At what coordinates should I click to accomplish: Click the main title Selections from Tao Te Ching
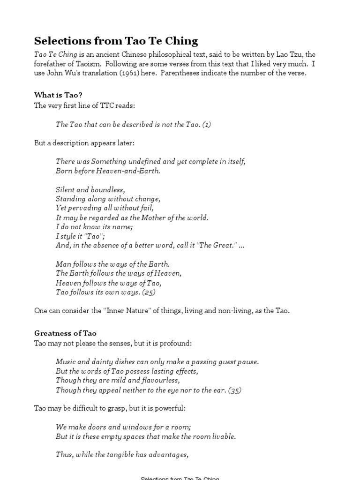coord(116,41)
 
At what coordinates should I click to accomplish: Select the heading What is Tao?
coord(58,95)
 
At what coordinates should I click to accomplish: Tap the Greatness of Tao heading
coord(65,333)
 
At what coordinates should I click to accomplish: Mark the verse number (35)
coord(235,390)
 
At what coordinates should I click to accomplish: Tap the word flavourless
coord(157,381)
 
